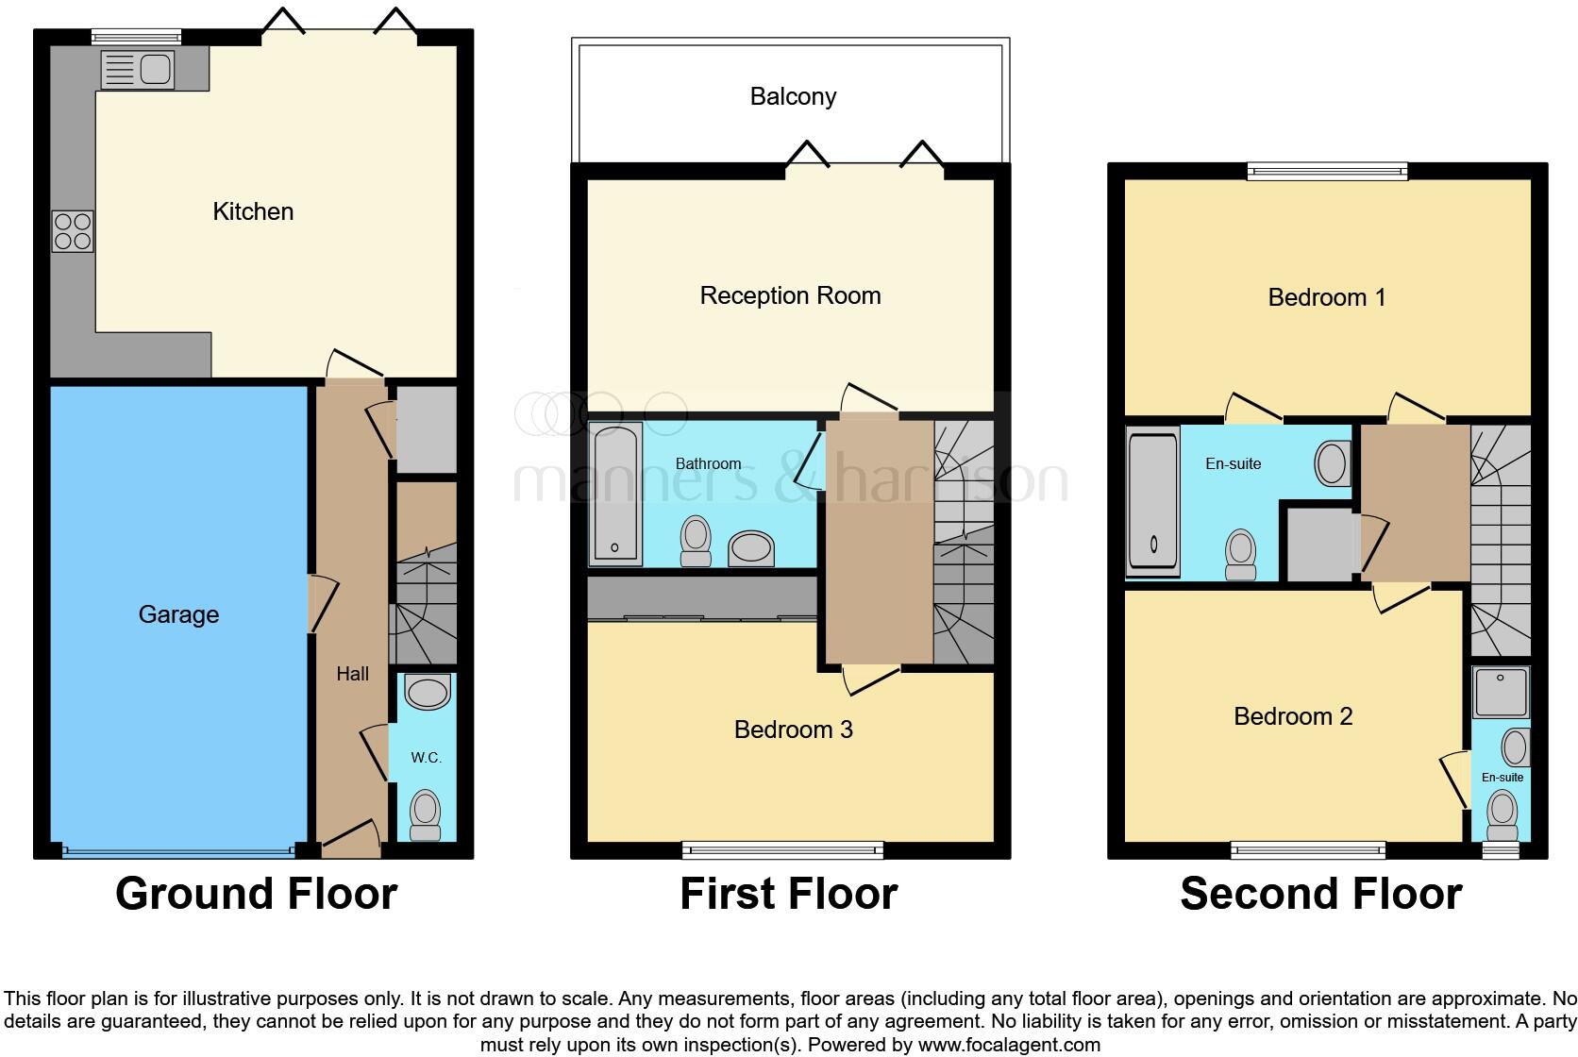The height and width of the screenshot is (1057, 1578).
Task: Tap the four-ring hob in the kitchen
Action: pos(73,231)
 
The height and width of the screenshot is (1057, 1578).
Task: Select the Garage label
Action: pos(178,614)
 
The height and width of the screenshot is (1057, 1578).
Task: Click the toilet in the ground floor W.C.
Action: pos(426,814)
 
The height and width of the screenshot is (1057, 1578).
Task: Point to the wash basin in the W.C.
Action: pos(427,694)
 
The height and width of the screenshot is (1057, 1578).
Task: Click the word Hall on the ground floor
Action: pos(353,674)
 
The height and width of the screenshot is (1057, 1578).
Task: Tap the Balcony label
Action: pos(793,96)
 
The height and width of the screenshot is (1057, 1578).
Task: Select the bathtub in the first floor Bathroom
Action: pos(615,495)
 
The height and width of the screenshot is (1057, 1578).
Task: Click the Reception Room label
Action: pos(790,295)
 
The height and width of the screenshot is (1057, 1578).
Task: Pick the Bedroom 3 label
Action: pos(793,730)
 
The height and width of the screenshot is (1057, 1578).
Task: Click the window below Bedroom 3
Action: pos(782,850)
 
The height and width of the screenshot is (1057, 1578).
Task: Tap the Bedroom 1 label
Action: pos(1326,297)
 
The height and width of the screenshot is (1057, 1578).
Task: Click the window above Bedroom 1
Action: pos(1326,171)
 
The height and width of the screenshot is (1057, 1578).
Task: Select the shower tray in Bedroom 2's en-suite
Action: pos(1501,693)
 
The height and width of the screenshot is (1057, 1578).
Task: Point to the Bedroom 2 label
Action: pos(1293,716)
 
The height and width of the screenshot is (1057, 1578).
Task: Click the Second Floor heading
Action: pos(1320,894)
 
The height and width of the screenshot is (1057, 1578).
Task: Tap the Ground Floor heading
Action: pos(256,894)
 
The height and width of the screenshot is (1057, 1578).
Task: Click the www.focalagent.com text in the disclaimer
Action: pos(1008,1045)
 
